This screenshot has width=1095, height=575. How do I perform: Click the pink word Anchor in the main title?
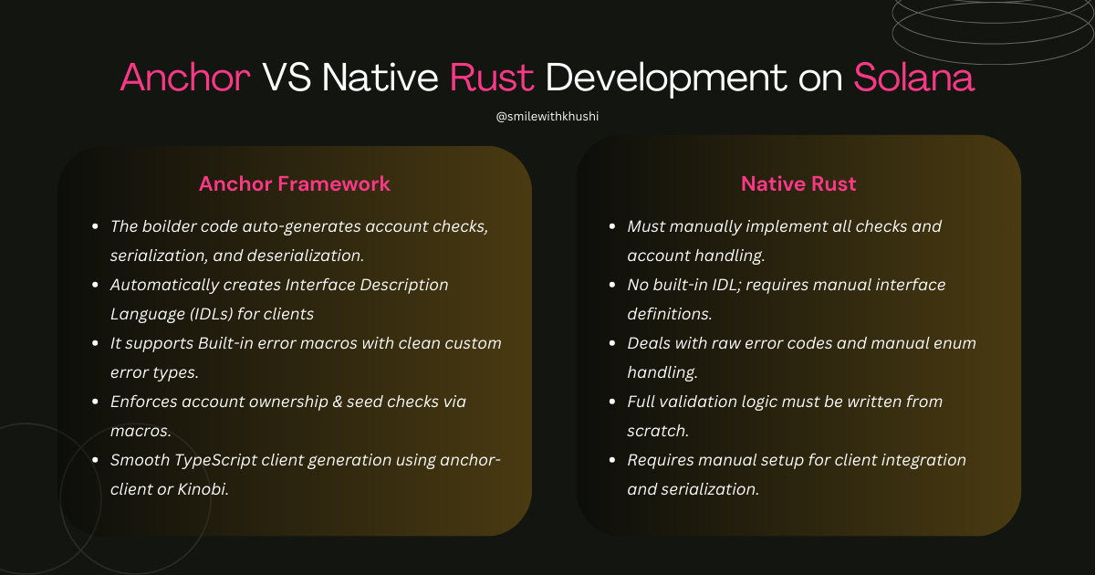point(185,78)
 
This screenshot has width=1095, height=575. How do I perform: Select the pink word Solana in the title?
point(913,78)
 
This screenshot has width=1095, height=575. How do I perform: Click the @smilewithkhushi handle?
point(547,117)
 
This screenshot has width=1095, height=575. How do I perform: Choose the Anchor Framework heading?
point(295,183)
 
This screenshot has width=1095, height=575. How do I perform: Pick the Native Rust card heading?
point(798,183)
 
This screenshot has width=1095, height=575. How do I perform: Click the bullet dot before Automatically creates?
point(96,286)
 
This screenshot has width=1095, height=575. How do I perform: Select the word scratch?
point(658,431)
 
